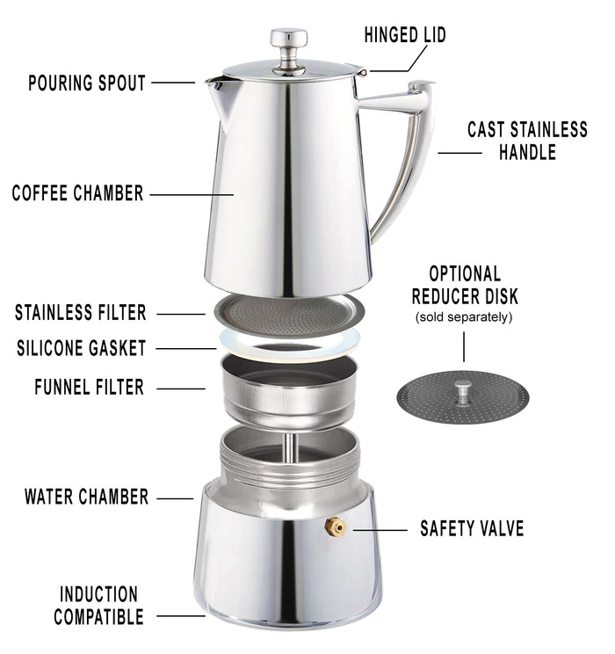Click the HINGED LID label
point(405,35)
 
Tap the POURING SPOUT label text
point(86,84)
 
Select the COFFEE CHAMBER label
point(77,193)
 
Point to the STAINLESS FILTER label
point(81,312)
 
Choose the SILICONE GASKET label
point(81,348)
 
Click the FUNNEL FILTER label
point(89,387)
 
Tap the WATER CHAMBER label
point(86,497)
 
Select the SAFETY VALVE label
point(472,528)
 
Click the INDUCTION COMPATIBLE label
point(98,606)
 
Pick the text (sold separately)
point(463,316)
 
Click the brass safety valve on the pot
point(335,527)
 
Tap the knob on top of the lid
point(288,40)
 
